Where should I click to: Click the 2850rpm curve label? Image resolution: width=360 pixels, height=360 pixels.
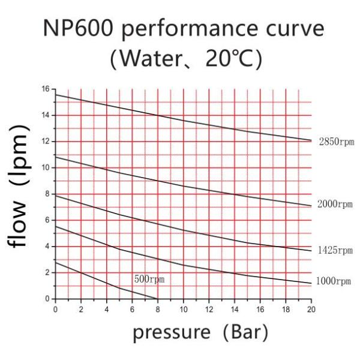[336, 142]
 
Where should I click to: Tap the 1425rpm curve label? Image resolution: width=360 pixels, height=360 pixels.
[336, 250]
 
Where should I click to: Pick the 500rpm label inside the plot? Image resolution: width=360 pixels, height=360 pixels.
[149, 279]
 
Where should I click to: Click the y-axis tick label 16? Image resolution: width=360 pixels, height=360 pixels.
[46, 89]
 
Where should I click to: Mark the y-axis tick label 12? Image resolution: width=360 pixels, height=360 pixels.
[46, 142]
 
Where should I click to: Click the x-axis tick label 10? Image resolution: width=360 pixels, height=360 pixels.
[183, 310]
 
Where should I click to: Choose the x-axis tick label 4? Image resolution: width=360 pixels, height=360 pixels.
[107, 310]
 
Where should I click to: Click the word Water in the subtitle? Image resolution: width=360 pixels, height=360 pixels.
[144, 59]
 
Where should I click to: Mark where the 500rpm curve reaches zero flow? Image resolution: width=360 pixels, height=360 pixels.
[157, 299]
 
